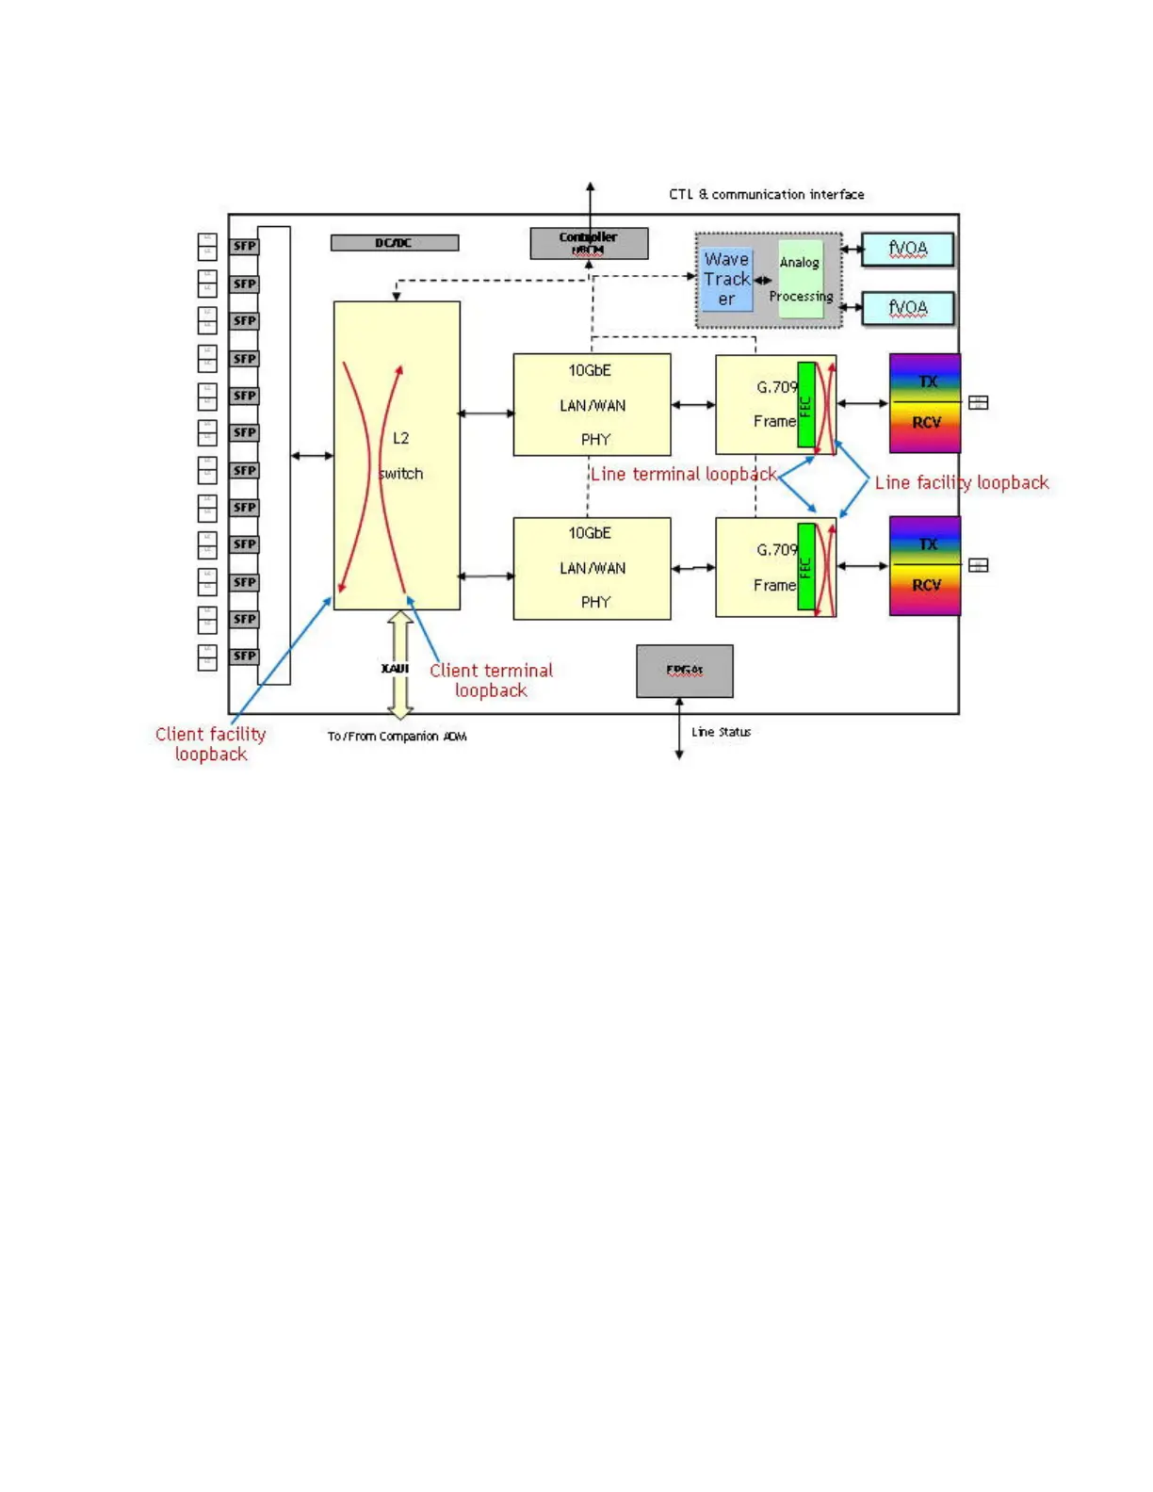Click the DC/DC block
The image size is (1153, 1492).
(x=395, y=243)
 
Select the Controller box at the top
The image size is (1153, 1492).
(x=589, y=243)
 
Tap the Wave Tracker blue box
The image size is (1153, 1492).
(x=726, y=279)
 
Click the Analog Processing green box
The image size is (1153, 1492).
(x=801, y=279)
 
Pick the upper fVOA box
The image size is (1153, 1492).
(x=908, y=250)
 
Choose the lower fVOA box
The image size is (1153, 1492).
(x=908, y=308)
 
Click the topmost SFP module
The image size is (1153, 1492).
(x=244, y=247)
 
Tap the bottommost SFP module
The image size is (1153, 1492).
(x=244, y=656)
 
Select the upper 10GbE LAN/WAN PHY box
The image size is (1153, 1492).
(x=592, y=405)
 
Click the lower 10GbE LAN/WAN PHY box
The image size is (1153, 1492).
(x=592, y=568)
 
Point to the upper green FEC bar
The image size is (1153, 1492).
(x=806, y=405)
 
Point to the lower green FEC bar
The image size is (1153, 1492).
(x=806, y=567)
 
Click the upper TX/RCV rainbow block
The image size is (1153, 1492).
(x=925, y=403)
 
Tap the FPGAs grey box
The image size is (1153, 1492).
(x=685, y=671)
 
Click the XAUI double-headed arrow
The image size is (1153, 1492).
(x=401, y=665)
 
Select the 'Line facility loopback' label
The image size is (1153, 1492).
(x=961, y=483)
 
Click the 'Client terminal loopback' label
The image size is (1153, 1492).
(x=491, y=680)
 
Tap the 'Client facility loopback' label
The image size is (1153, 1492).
(x=211, y=744)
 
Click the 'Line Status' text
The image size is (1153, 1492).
(x=721, y=732)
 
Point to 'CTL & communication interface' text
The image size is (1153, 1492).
(x=766, y=195)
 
